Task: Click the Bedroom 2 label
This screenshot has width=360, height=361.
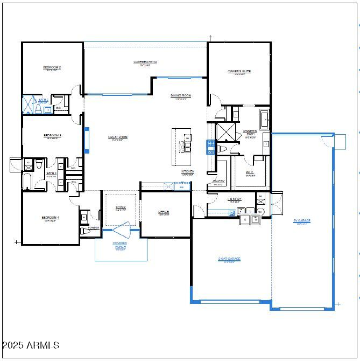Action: point(52,68)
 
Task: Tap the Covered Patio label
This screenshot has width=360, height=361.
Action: point(145,63)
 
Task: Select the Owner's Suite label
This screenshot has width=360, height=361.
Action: point(239,72)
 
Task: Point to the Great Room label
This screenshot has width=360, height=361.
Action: point(118,137)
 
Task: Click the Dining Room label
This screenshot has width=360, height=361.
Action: point(181,96)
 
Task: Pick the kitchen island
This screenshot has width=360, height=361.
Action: point(181,147)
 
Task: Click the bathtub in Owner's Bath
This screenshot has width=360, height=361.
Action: point(264,118)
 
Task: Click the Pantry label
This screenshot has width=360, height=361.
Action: point(218,182)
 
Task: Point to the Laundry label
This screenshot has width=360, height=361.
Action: point(235,199)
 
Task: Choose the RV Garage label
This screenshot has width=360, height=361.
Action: point(301,221)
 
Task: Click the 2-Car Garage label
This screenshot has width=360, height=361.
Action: point(229,259)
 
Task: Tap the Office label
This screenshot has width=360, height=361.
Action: point(164,212)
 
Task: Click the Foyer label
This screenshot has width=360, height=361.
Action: point(121,207)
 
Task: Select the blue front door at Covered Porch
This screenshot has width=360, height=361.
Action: point(121,230)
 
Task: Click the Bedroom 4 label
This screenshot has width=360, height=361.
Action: point(51,218)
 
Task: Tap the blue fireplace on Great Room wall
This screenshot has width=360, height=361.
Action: point(86,140)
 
